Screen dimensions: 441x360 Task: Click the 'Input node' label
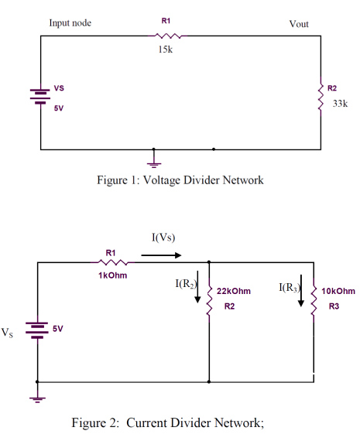click(x=70, y=23)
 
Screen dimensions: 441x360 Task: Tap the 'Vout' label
click(x=298, y=24)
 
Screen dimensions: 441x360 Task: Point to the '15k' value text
click(x=165, y=50)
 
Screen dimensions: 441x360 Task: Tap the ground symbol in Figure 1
click(x=154, y=162)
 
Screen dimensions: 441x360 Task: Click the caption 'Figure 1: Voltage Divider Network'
click(x=180, y=180)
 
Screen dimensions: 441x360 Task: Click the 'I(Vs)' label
click(x=163, y=236)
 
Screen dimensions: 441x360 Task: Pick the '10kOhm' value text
click(x=338, y=291)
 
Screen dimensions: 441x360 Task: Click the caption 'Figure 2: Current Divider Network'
click(x=168, y=423)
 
